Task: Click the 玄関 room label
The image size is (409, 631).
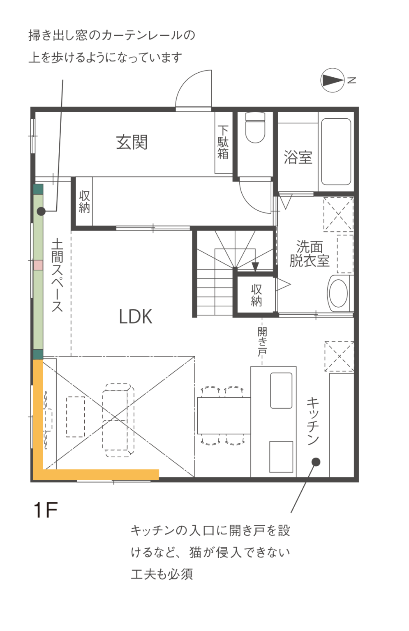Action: pos(132,142)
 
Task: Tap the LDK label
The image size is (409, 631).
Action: pos(135,316)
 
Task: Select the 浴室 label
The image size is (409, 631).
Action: pos(298,157)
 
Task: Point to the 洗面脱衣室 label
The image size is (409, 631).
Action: pos(310,253)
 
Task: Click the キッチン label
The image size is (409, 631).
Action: pos(313,421)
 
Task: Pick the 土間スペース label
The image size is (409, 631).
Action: pos(57,276)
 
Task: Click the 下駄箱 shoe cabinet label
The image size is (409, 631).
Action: pos(223,142)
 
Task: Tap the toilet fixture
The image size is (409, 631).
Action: pos(255,127)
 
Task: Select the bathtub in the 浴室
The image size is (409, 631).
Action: pos(336,152)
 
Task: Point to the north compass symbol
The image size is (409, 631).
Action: pos(333,80)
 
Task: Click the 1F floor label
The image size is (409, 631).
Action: pos(45,510)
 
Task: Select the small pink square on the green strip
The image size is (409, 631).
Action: pos(38,265)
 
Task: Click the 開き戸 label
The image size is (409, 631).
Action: pos(262,341)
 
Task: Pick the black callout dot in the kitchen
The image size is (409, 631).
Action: pos(316,462)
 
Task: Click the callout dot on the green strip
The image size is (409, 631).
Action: pos(41,211)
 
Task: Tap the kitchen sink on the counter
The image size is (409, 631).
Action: pos(281,390)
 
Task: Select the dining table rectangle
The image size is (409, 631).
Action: pos(224,415)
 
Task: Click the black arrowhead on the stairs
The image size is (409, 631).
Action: pos(255,267)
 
